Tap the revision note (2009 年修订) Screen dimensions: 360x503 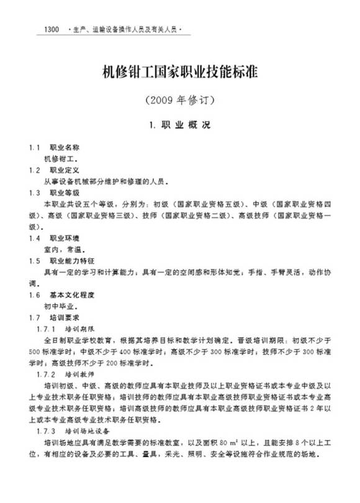(179, 99)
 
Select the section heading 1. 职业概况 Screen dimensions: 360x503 (180, 125)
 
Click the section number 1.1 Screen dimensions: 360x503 (35, 148)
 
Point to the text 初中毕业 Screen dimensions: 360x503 (60, 306)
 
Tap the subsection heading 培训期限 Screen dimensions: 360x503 (82, 329)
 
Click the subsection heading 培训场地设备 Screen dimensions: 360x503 (91, 431)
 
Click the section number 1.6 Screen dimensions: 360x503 (35, 295)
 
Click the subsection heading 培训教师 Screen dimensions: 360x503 (82, 374)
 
